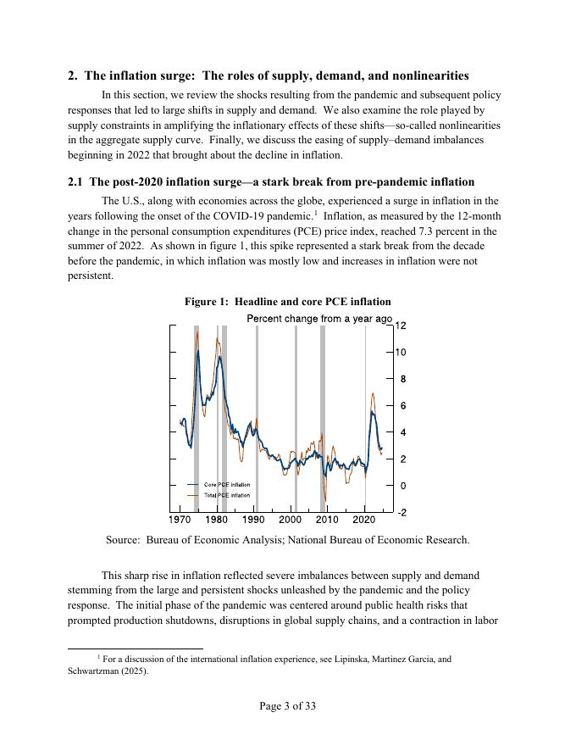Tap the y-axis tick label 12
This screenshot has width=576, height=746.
401,326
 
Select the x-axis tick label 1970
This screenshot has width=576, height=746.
180,519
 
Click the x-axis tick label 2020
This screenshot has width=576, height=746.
364,519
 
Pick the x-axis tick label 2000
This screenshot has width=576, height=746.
291,519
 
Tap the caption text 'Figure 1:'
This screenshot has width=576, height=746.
208,302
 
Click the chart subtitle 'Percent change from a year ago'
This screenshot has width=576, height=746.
319,319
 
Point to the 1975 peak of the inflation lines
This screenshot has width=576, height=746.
197,332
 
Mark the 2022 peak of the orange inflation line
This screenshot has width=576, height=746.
373,393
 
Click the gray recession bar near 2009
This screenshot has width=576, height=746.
323,415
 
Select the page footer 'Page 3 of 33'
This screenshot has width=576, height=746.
287,706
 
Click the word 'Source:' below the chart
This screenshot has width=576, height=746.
123,540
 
